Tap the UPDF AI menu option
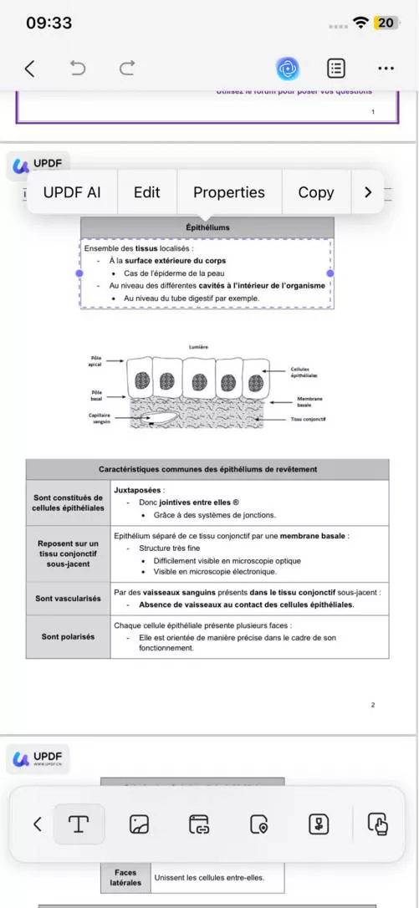coord(72,192)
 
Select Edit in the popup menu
coord(146,192)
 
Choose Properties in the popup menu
coord(228,192)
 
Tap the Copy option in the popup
coord(315,192)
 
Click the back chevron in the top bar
coord(30,69)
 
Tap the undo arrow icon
coord(78,69)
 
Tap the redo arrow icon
coord(127,69)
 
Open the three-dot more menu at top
coord(386,69)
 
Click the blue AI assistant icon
coord(289,69)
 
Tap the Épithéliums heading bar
coord(207,227)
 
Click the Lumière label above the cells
coord(198,346)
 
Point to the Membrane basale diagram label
coord(309,402)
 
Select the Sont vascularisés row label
coord(69,598)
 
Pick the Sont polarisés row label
coord(69,636)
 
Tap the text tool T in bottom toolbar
coord(79,824)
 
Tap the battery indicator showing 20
coord(386,23)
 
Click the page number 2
coord(373,705)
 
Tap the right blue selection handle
coord(330,273)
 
